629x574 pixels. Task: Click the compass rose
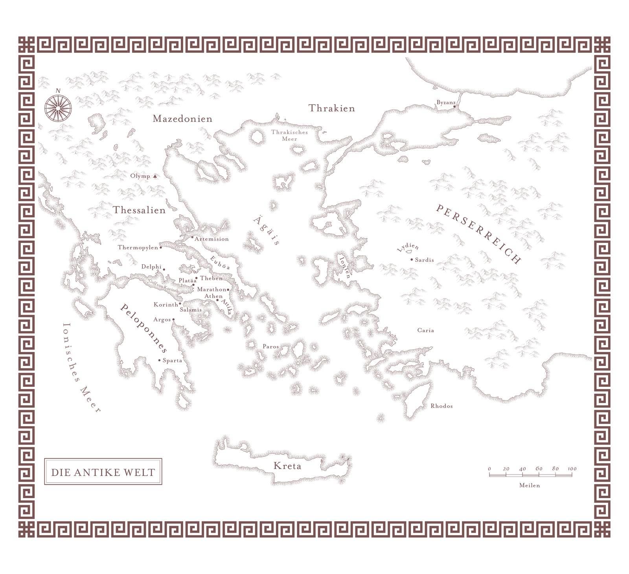[x=58, y=107]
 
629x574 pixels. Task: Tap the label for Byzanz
[x=445, y=103]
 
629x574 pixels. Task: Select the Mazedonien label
[x=182, y=119]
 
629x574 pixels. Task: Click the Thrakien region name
[x=331, y=109]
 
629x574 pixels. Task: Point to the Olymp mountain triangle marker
[x=155, y=177]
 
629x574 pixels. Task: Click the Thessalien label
[x=140, y=210]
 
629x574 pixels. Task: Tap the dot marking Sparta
[x=159, y=360]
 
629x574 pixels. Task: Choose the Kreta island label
[x=287, y=466]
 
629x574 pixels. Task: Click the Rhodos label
[x=441, y=406]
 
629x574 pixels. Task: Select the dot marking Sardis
[x=412, y=259]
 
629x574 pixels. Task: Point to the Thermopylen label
[x=138, y=248]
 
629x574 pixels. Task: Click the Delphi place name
[x=151, y=267]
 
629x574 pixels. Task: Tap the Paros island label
[x=270, y=347]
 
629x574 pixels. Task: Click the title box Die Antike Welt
[x=103, y=472]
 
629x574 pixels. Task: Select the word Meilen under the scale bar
[x=530, y=486]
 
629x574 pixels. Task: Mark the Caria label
[x=425, y=331]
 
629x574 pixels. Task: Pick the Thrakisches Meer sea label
[x=289, y=136]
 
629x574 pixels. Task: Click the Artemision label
[x=212, y=239]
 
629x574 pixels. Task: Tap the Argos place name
[x=162, y=320]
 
